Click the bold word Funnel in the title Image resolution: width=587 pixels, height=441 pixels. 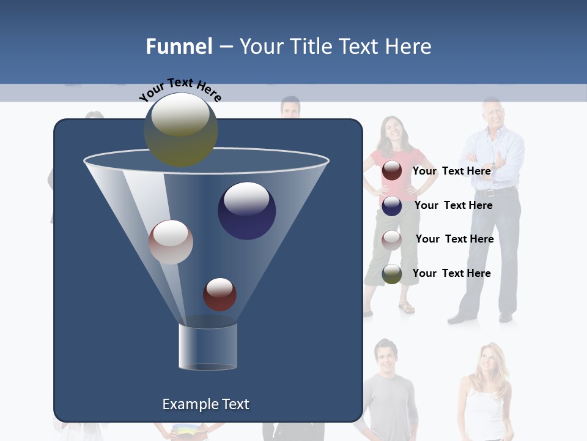coord(179,47)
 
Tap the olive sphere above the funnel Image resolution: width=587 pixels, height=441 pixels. coord(180,129)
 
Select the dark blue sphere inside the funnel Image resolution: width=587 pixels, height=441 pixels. coord(246,211)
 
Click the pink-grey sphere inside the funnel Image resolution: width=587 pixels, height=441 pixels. coord(171,242)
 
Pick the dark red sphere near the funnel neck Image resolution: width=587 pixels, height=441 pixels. coord(220,294)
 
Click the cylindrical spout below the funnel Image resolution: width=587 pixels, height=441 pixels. coord(208,346)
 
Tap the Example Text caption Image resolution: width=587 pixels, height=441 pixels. coord(206,404)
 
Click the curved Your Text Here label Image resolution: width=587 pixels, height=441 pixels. coord(180,89)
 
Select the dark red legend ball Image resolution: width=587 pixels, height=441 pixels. coord(392,171)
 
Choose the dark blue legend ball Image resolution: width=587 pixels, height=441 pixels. coord(392,206)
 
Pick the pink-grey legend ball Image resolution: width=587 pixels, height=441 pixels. coord(392,239)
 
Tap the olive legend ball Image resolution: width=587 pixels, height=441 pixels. coord(392,274)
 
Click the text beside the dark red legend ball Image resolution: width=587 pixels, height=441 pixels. coord(451,171)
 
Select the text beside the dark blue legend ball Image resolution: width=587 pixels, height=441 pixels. coord(453,205)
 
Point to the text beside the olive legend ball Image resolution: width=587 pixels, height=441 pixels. coord(451,273)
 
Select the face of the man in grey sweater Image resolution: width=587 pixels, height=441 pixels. coord(385,355)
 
